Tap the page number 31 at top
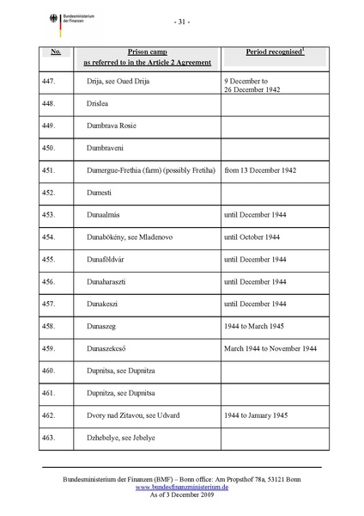click(181, 21)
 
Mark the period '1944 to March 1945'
click(256, 326)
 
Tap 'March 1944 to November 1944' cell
click(270, 348)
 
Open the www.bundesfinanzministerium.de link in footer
click(181, 487)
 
